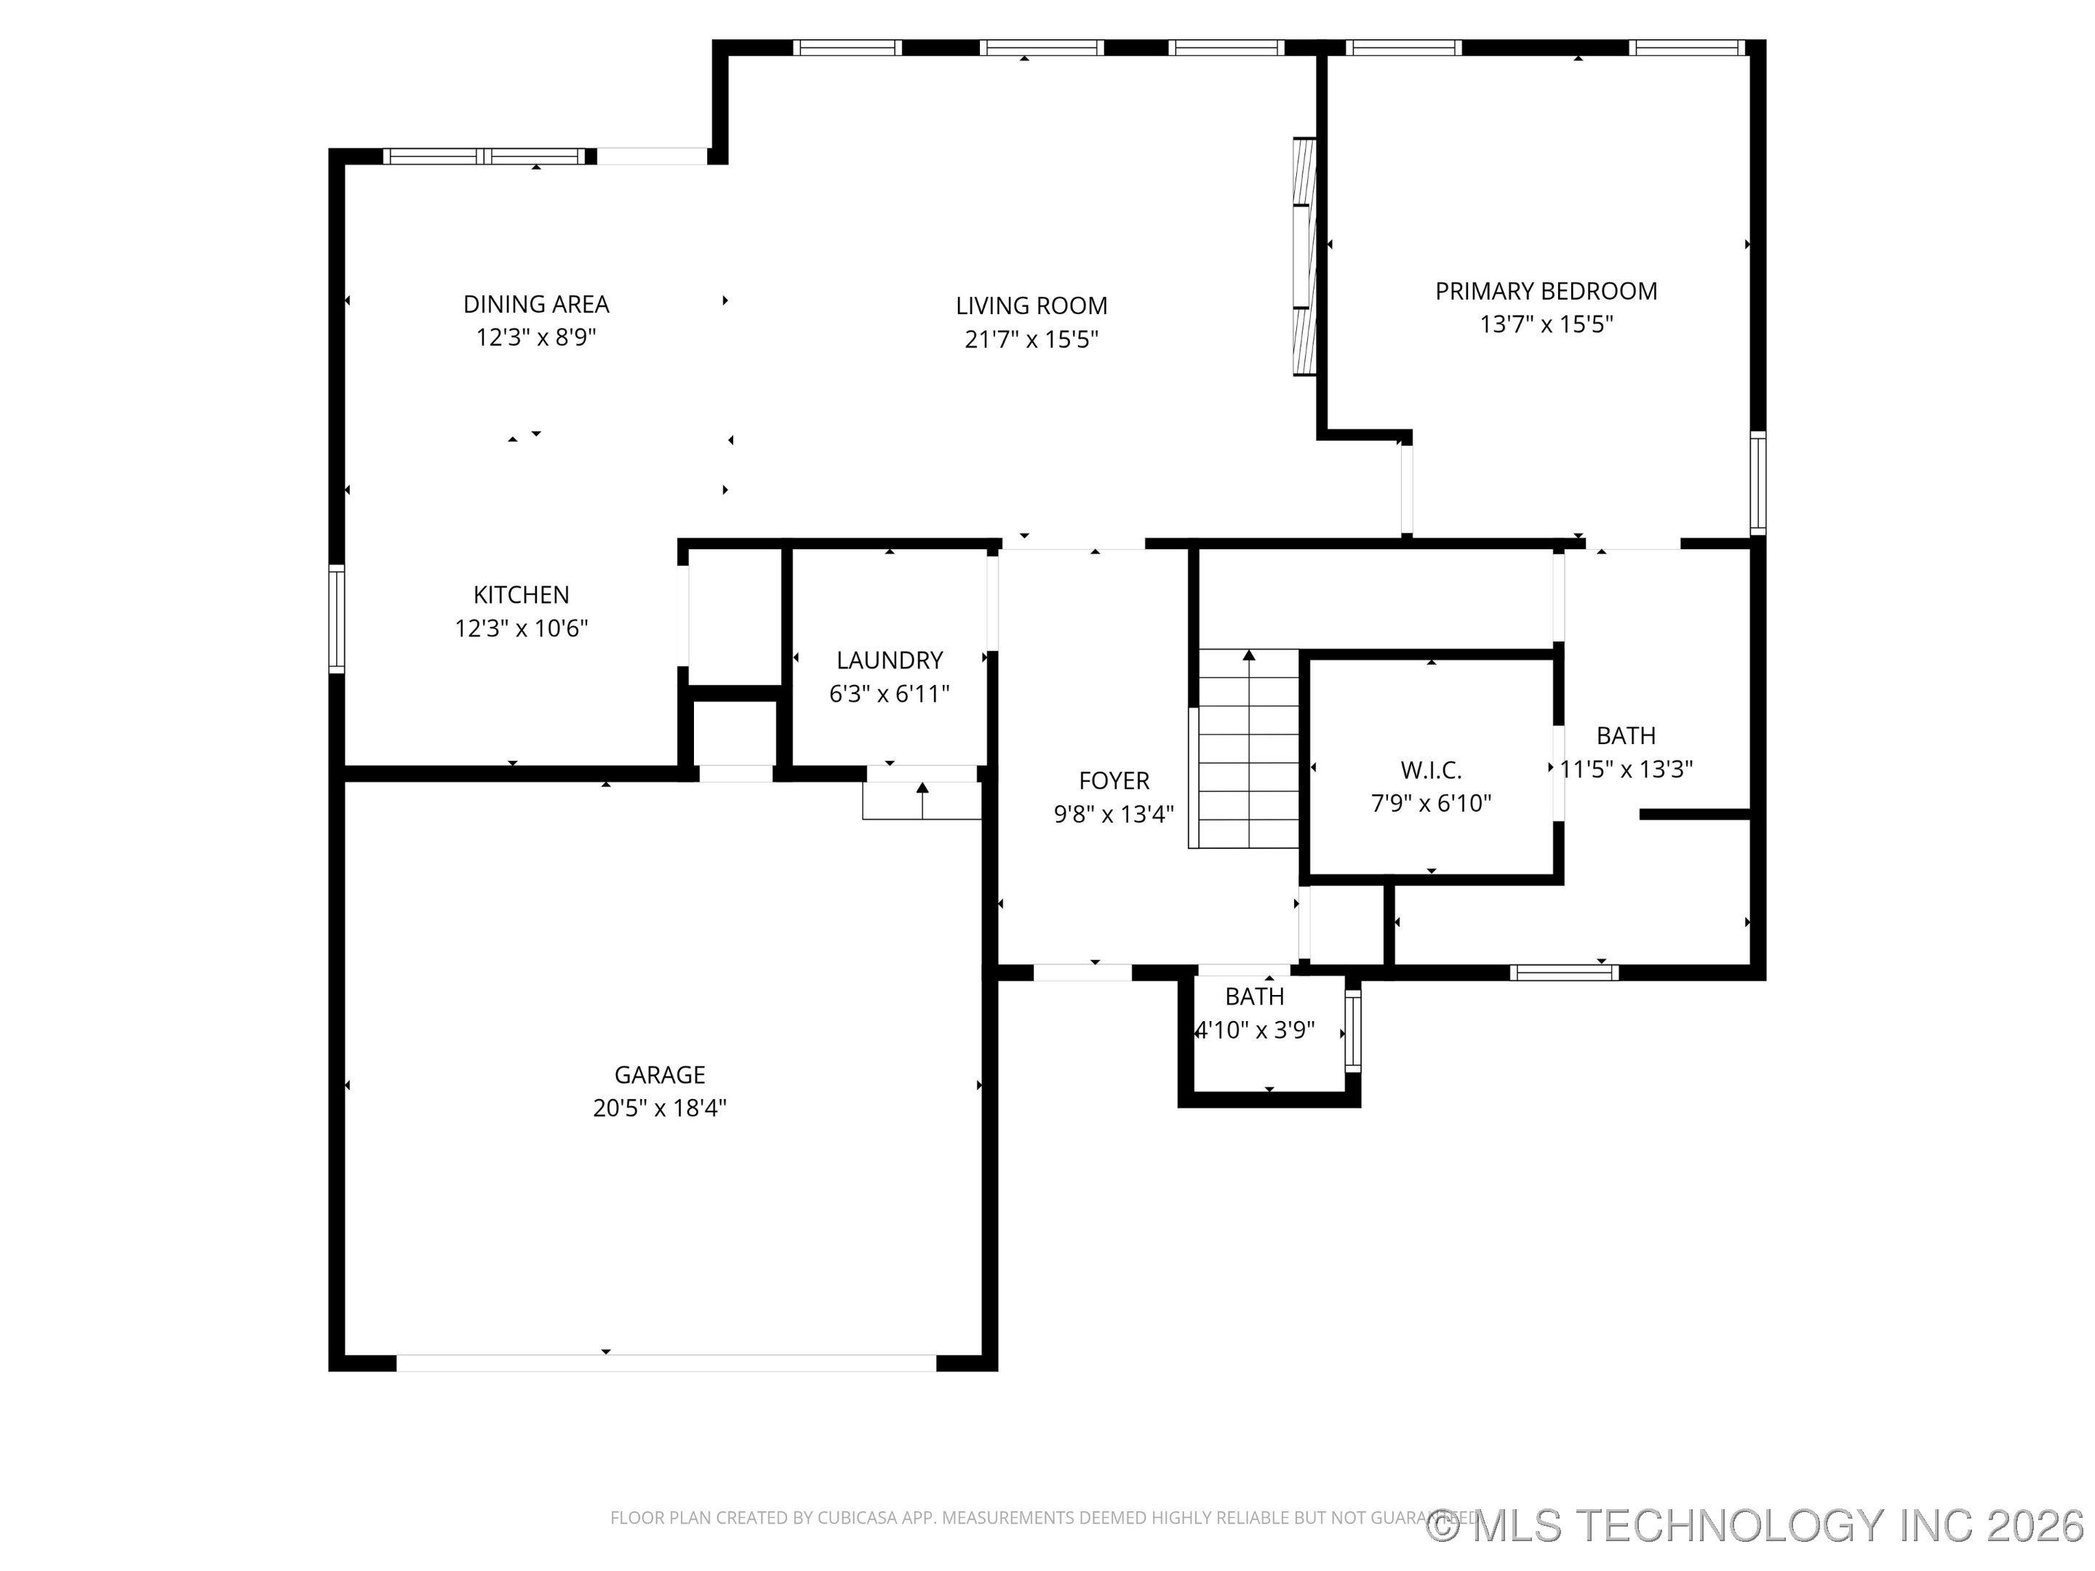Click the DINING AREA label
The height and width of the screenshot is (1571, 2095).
pyautogui.click(x=535, y=304)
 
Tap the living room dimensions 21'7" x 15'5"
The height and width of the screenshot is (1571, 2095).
pyautogui.click(x=1031, y=339)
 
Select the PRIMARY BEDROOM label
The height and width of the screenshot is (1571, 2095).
pyautogui.click(x=1546, y=291)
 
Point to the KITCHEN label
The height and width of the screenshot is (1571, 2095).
pyautogui.click(x=521, y=595)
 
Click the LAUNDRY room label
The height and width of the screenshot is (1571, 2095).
pyautogui.click(x=890, y=660)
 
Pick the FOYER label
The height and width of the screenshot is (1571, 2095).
pyautogui.click(x=1114, y=780)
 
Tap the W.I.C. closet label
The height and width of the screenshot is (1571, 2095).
pyautogui.click(x=1430, y=770)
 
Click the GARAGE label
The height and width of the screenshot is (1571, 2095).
pyautogui.click(x=659, y=1075)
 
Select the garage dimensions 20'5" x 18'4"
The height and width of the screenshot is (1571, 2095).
pyautogui.click(x=659, y=1108)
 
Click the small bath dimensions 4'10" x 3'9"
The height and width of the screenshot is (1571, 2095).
pyautogui.click(x=1256, y=1031)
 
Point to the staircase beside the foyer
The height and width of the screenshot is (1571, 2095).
pyautogui.click(x=1248, y=748)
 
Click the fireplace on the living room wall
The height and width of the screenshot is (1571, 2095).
pyautogui.click(x=1304, y=257)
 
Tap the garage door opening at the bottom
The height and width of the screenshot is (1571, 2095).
pyautogui.click(x=666, y=1363)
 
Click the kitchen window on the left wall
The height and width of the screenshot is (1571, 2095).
pyautogui.click(x=336, y=618)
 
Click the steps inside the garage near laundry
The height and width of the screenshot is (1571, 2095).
pyautogui.click(x=921, y=801)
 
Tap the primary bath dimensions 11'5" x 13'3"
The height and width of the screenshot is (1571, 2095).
pyautogui.click(x=1627, y=769)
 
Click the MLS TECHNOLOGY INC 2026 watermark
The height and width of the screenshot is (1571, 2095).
pyautogui.click(x=1757, y=1526)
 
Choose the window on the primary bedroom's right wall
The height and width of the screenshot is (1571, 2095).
pyautogui.click(x=1757, y=482)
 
